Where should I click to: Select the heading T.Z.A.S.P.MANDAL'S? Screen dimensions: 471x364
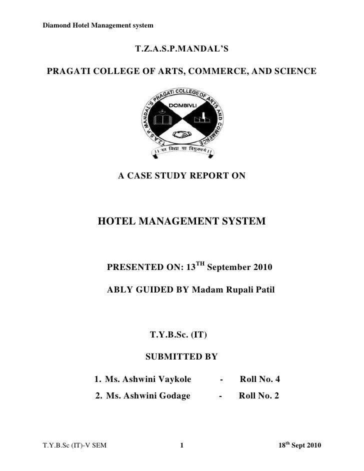(x=181, y=50)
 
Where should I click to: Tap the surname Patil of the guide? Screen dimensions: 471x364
(x=264, y=290)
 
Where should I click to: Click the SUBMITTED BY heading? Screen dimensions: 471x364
(x=181, y=357)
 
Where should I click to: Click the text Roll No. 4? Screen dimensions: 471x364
(x=259, y=379)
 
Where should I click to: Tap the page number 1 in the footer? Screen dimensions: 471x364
(x=182, y=445)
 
